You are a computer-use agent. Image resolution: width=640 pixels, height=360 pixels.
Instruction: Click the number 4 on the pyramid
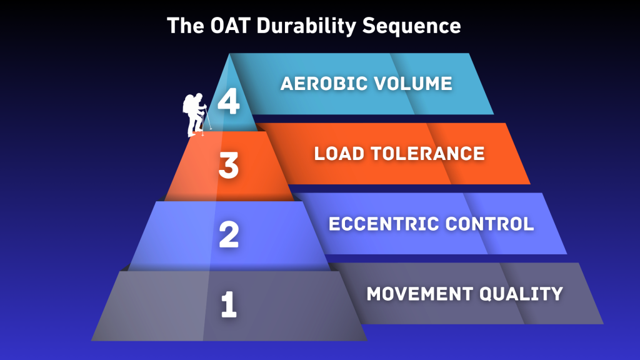coord(229,102)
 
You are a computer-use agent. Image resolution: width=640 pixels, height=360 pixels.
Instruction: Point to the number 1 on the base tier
coord(229,304)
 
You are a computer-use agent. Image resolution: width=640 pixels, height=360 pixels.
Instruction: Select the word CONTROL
coord(488,224)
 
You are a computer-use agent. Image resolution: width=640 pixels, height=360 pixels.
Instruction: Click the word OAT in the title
coord(219,26)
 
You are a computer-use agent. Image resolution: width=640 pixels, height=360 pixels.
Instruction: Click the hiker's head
coord(198,97)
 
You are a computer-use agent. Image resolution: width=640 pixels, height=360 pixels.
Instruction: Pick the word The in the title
coord(181,26)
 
